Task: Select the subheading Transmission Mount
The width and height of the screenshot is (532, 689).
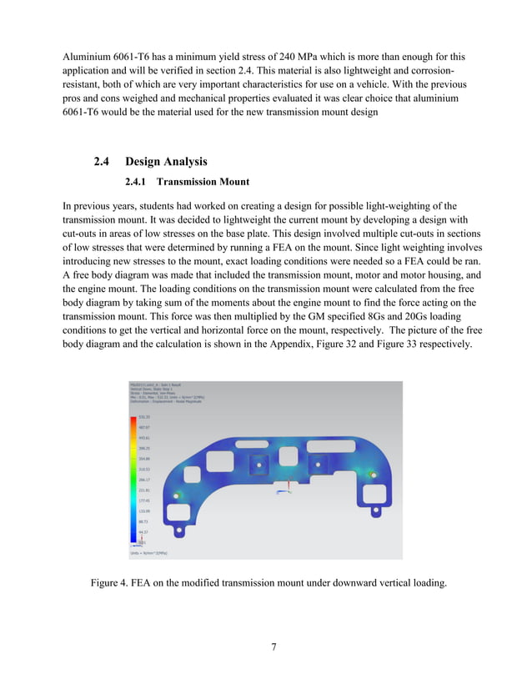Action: (203, 180)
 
